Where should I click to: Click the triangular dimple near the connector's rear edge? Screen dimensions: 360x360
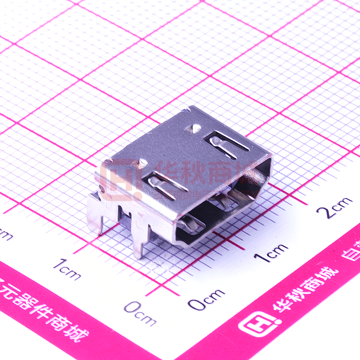194,128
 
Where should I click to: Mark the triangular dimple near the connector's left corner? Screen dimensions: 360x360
142,163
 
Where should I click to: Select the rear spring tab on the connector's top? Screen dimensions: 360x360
226,144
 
